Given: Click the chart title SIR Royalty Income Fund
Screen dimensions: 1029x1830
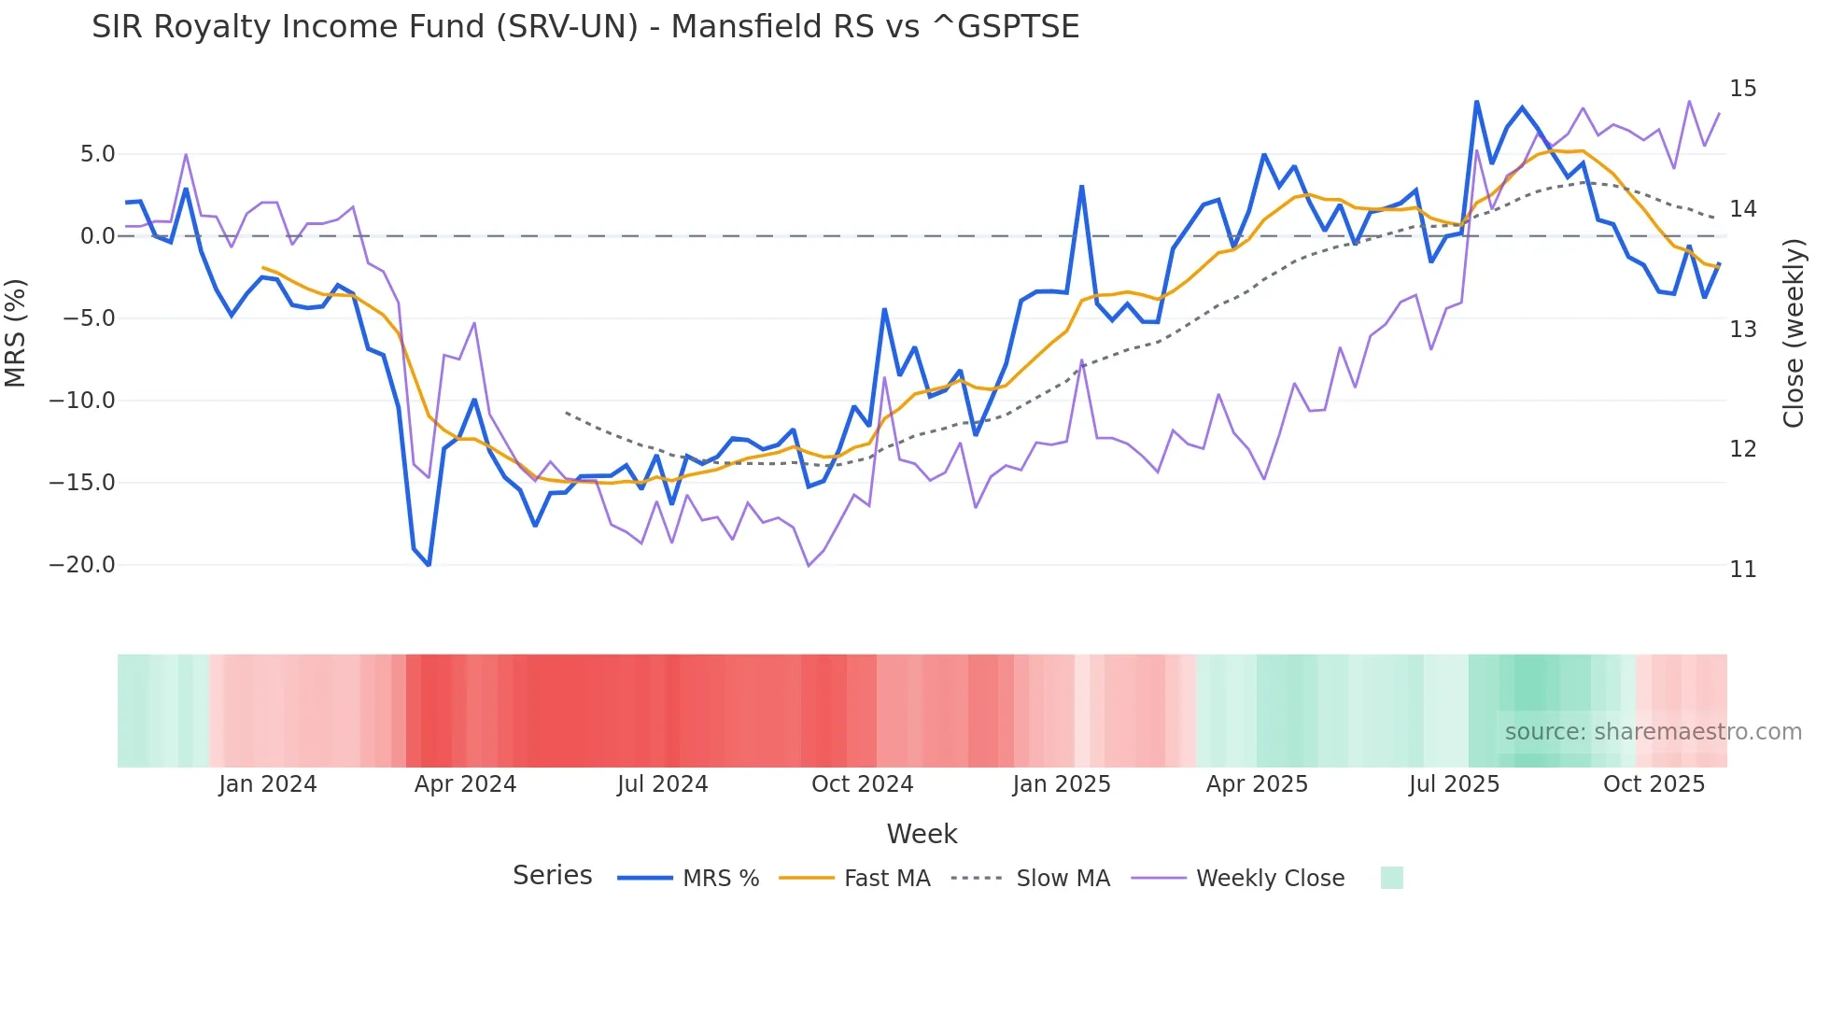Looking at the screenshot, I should click(x=585, y=27).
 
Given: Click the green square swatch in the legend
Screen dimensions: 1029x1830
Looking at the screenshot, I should click(x=1391, y=878).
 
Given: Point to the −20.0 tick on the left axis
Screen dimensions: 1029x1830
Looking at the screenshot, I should click(x=82, y=565).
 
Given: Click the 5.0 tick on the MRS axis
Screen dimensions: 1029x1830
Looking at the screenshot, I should click(x=97, y=154).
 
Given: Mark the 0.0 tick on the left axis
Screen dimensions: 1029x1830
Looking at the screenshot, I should click(x=97, y=236).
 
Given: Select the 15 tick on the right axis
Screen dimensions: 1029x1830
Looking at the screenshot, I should click(x=1742, y=89).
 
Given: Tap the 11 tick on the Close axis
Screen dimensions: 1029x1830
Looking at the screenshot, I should click(x=1742, y=569).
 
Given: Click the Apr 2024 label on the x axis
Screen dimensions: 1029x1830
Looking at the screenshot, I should click(x=465, y=784).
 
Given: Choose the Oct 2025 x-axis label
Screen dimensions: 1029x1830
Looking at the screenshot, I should click(x=1654, y=784).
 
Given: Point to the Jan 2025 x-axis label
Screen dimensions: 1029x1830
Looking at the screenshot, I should click(x=1062, y=784).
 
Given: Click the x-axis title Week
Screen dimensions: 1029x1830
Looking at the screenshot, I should click(x=922, y=834).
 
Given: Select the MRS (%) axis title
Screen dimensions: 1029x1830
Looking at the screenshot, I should click(x=16, y=332).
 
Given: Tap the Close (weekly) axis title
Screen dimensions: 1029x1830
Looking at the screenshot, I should click(x=1794, y=333).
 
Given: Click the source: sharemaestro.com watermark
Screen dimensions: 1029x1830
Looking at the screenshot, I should click(x=1653, y=732).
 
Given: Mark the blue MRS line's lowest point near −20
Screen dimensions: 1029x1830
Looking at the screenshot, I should click(x=429, y=565).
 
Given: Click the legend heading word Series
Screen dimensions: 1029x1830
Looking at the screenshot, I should click(x=552, y=876).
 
